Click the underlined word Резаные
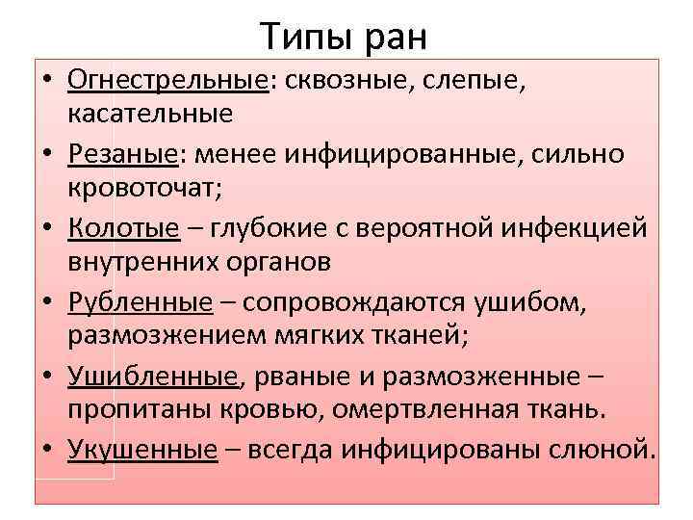click(x=121, y=154)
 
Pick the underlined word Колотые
click(x=124, y=228)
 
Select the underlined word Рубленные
click(x=141, y=302)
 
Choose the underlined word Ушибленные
click(x=152, y=377)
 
